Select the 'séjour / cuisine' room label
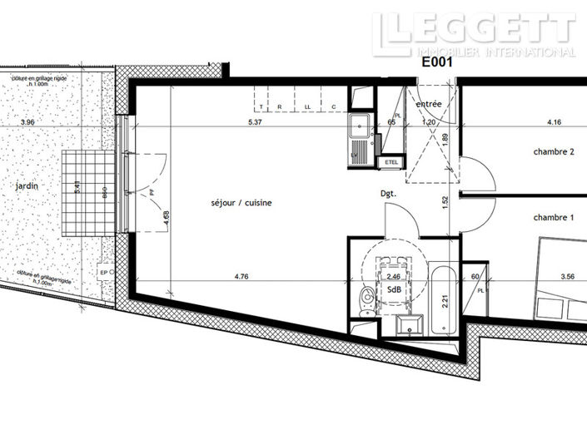(x=241, y=203)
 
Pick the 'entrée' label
(x=429, y=105)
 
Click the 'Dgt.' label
(x=387, y=193)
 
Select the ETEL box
(x=391, y=162)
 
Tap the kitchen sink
(x=360, y=131)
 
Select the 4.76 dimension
(x=241, y=276)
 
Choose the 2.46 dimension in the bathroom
(x=395, y=276)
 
